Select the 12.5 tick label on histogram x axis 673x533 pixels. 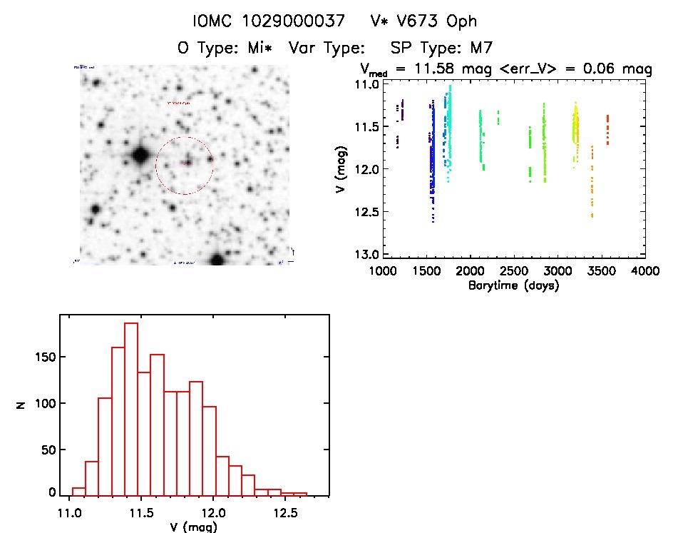(x=286, y=514)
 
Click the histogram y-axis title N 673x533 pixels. (x=22, y=404)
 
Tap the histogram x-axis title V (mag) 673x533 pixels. (x=185, y=528)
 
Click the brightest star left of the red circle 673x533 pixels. (x=139, y=154)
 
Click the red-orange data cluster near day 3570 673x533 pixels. (x=607, y=129)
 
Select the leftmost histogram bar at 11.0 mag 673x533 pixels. (x=78, y=491)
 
